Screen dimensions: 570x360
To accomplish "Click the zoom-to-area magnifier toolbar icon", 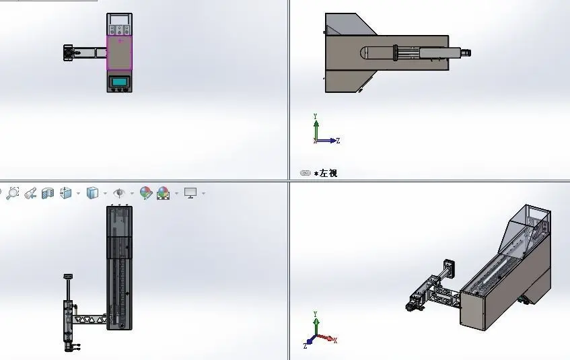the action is point(12,192).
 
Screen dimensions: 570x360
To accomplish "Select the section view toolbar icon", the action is point(48,193).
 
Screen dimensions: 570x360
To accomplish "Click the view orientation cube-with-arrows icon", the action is point(66,192).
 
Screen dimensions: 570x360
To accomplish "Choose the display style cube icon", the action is point(92,192).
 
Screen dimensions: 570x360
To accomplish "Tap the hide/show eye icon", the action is point(119,192).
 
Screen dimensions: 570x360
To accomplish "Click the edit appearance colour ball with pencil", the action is point(146,192).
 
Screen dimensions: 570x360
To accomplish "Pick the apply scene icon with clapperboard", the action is point(164,193).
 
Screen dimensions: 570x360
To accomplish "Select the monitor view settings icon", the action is point(190,192).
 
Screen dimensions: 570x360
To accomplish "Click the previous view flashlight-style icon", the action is point(30,193).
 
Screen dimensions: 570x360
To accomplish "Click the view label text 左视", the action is point(328,173).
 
